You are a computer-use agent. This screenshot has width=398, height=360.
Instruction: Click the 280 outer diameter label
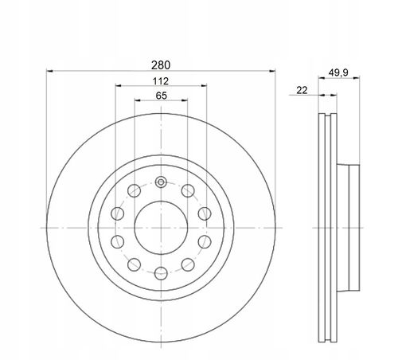(x=161, y=65)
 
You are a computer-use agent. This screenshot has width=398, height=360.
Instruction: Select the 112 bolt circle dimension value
(x=161, y=81)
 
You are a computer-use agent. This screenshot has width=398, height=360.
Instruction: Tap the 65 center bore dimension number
(x=162, y=96)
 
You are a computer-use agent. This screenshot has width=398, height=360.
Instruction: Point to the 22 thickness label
(x=302, y=90)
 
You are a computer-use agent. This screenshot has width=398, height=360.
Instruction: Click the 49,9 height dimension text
(x=338, y=72)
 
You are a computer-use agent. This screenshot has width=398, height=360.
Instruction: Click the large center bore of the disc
(x=161, y=228)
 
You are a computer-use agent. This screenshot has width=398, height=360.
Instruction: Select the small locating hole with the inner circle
(x=161, y=182)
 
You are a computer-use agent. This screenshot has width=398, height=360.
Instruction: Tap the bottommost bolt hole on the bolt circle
(x=161, y=273)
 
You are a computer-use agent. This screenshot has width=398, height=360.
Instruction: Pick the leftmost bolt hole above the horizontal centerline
(x=118, y=213)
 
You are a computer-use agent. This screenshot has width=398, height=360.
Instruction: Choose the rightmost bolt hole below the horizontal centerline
(x=205, y=241)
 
